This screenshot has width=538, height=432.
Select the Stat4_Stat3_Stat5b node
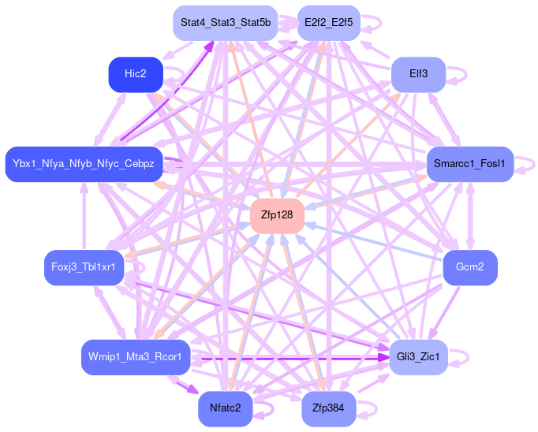[x=225, y=23]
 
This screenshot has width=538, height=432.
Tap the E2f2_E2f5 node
[x=328, y=23]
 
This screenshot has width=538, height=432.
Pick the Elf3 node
[x=418, y=75]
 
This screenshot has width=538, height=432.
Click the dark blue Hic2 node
[x=135, y=74]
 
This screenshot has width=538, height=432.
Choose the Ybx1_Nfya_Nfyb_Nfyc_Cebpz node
[x=84, y=164]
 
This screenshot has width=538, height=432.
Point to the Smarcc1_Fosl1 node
[x=469, y=165]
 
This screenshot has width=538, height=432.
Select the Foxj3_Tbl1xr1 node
[x=83, y=267]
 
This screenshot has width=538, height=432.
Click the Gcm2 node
[x=470, y=267]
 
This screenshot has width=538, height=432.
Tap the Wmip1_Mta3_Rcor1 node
[x=136, y=357]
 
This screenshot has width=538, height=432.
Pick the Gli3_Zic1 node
[x=419, y=358]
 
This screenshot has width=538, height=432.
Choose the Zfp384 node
[x=328, y=408]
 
